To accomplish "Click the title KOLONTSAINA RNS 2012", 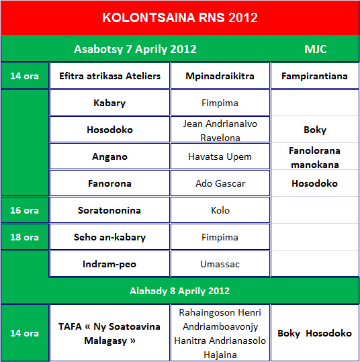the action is pos(180,17).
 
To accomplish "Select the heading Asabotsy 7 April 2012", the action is pos(135,49).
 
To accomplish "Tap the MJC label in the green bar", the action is pos(316,49).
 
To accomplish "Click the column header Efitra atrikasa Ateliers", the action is pos(109,76).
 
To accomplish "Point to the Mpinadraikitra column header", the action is pos(220,76).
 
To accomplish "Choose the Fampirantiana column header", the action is pos(314,76).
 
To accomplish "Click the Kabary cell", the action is pos(109,103).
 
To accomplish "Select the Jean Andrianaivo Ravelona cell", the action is pos(220,130).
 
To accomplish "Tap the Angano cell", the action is pos(109,156).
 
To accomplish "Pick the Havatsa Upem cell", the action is pos(220,156).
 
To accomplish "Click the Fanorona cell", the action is pos(109,183).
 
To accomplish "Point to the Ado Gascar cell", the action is pos(220,183).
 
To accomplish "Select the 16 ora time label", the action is pos(24,210).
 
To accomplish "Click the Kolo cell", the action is pos(220,210).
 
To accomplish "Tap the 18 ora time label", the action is pos(24,237).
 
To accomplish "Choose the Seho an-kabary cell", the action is pos(109,237).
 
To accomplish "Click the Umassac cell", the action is pos(220,264).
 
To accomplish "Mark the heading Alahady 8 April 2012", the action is pos(179,291).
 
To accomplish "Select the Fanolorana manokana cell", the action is pos(314,157).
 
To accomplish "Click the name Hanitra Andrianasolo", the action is pos(220,341).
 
